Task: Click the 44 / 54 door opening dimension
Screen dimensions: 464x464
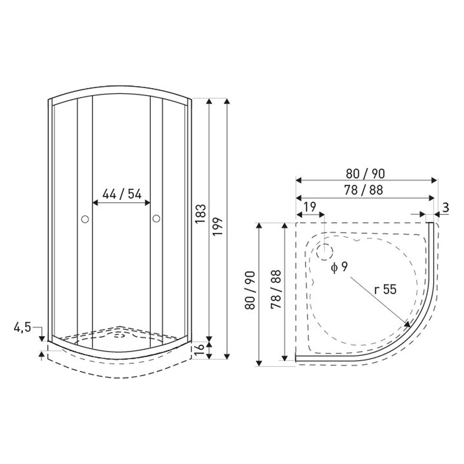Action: (122, 194)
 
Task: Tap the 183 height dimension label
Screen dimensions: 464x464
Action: (200, 213)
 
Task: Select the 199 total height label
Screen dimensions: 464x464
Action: (218, 227)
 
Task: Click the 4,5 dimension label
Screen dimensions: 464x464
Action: (22, 328)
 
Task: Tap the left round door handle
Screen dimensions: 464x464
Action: (85, 219)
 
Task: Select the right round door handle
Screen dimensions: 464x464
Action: (156, 219)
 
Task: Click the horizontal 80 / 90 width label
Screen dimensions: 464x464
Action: (365, 174)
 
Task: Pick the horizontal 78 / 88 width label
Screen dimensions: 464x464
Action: (363, 190)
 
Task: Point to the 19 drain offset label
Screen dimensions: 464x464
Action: (310, 207)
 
